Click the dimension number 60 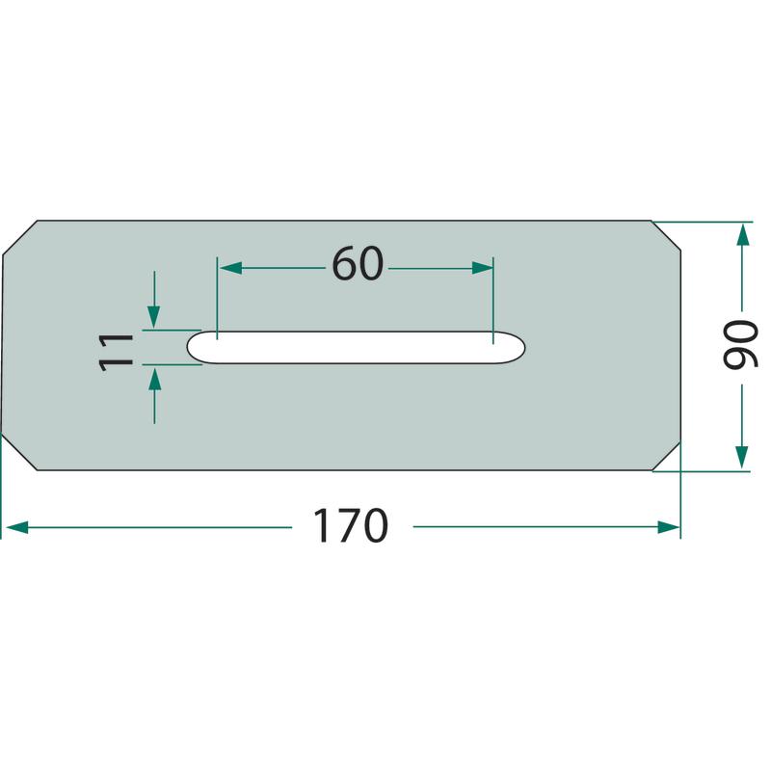point(358,263)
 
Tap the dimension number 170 point(351,525)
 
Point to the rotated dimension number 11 point(116,352)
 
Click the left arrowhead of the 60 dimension point(230,268)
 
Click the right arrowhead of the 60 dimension point(482,268)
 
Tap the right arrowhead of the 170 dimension point(669,527)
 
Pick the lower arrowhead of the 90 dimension point(741,457)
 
